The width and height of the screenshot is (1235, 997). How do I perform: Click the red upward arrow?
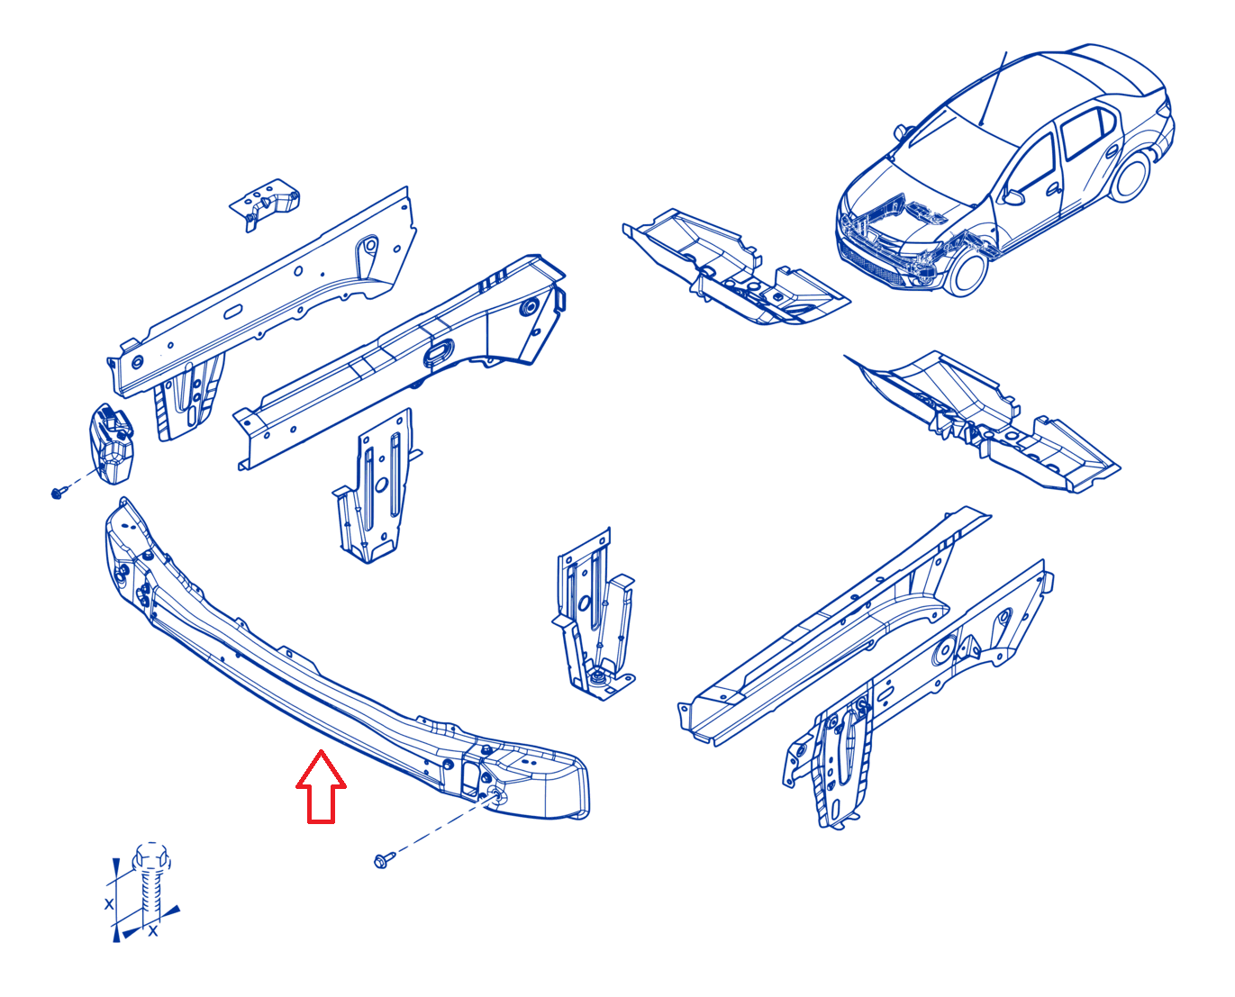coord(321,786)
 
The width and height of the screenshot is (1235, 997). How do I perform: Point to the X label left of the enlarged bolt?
coord(109,903)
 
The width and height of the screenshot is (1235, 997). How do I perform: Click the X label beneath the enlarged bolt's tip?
coord(153,931)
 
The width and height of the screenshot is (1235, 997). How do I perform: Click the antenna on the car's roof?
coord(993,88)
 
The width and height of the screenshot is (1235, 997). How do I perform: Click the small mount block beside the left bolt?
coord(112,443)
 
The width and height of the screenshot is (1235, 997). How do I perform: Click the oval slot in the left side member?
coord(439,352)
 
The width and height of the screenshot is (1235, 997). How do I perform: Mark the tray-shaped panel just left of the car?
coord(735,267)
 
